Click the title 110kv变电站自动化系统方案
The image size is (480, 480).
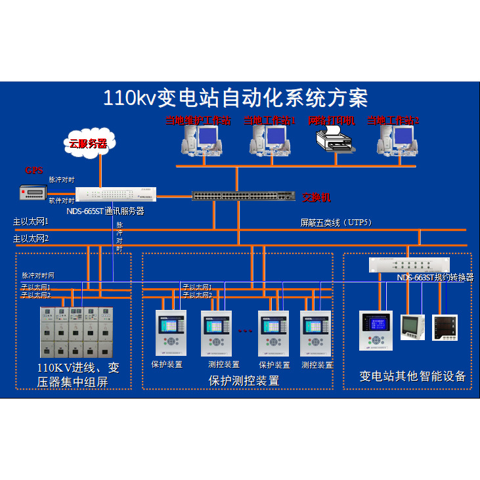235,98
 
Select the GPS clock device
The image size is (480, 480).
33,192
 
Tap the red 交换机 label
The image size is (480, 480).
317,197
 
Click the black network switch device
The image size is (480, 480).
244,195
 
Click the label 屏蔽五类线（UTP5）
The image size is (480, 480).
336,223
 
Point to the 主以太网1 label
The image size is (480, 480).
31,223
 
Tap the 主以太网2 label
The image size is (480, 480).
31,238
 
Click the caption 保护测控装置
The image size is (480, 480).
244,381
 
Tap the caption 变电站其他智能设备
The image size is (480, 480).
412,376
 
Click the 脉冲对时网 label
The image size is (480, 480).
37,276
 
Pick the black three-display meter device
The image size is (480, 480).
445,328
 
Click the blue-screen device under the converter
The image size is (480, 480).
376,330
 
